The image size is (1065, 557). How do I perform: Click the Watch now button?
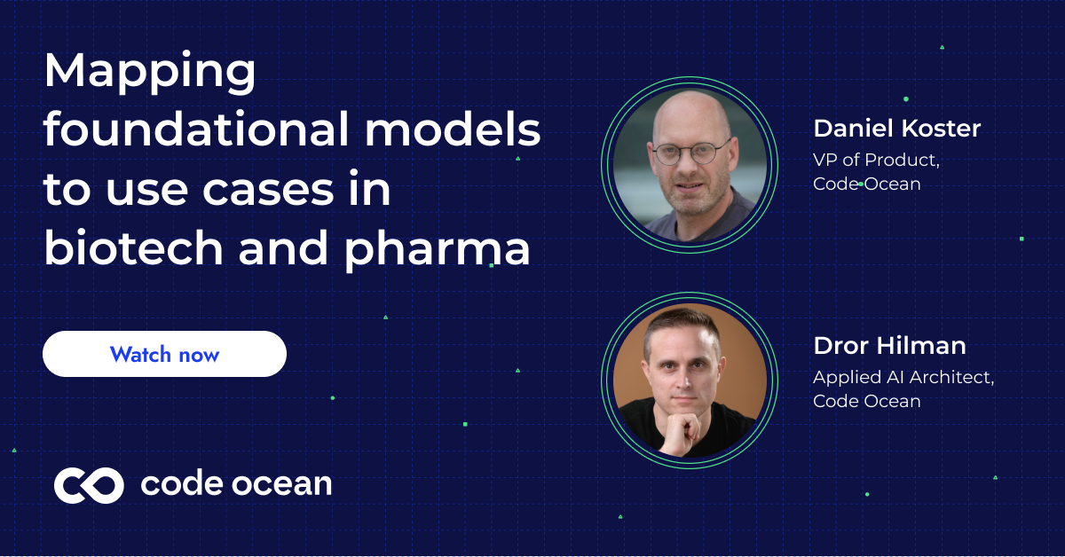pyautogui.click(x=164, y=355)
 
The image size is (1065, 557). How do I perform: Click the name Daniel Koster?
pyautogui.click(x=896, y=129)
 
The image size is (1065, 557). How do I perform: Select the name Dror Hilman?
pyautogui.click(x=889, y=345)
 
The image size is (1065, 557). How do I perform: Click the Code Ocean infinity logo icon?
pyautogui.click(x=89, y=484)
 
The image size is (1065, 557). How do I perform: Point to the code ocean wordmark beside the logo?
pyautogui.click(x=236, y=484)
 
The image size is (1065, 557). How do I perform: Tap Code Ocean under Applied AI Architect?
pyautogui.click(x=866, y=401)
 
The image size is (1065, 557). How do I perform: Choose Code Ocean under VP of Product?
pyautogui.click(x=866, y=184)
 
